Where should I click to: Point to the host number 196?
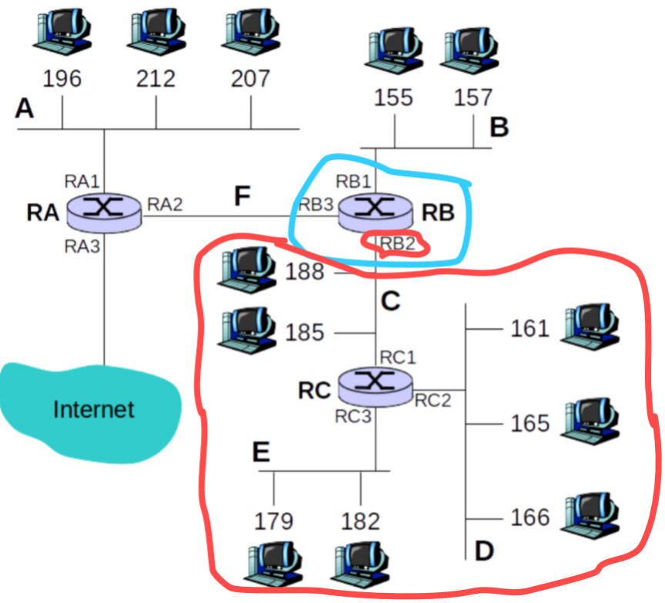point(62,79)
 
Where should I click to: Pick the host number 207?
point(250,79)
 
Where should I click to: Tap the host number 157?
point(473,98)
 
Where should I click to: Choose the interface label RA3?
point(82,246)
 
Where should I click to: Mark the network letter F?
point(242,196)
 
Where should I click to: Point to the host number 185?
point(305,333)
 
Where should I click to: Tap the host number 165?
point(530,423)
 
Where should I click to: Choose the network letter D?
point(483,551)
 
